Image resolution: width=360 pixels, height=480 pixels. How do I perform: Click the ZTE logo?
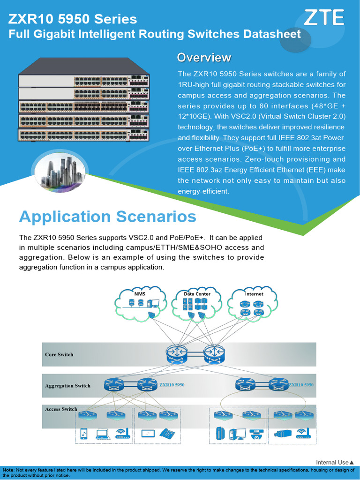(324, 18)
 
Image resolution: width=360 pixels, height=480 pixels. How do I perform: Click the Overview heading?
(204, 58)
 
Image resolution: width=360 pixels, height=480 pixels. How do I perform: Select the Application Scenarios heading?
(107, 217)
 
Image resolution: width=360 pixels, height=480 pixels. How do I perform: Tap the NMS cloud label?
(140, 294)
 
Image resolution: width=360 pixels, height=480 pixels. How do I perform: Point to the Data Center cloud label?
(197, 294)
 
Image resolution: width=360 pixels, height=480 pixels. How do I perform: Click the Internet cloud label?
(254, 294)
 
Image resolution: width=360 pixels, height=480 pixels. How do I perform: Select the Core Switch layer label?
(59, 354)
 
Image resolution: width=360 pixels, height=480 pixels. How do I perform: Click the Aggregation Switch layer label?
(67, 386)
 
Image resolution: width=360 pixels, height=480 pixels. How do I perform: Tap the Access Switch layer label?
(61, 409)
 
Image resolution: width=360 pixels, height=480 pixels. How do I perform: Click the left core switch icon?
(176, 354)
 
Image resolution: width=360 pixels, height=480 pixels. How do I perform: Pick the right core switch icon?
(214, 354)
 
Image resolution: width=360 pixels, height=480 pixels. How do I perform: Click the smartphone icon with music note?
(83, 434)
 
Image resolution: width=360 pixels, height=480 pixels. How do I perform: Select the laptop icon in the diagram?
(103, 434)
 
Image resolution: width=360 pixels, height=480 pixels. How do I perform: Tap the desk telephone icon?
(166, 434)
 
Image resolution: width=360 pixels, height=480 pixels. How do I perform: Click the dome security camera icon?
(255, 434)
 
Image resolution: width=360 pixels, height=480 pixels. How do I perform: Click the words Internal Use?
(332, 463)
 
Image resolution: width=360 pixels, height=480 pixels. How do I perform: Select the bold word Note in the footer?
(8, 470)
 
